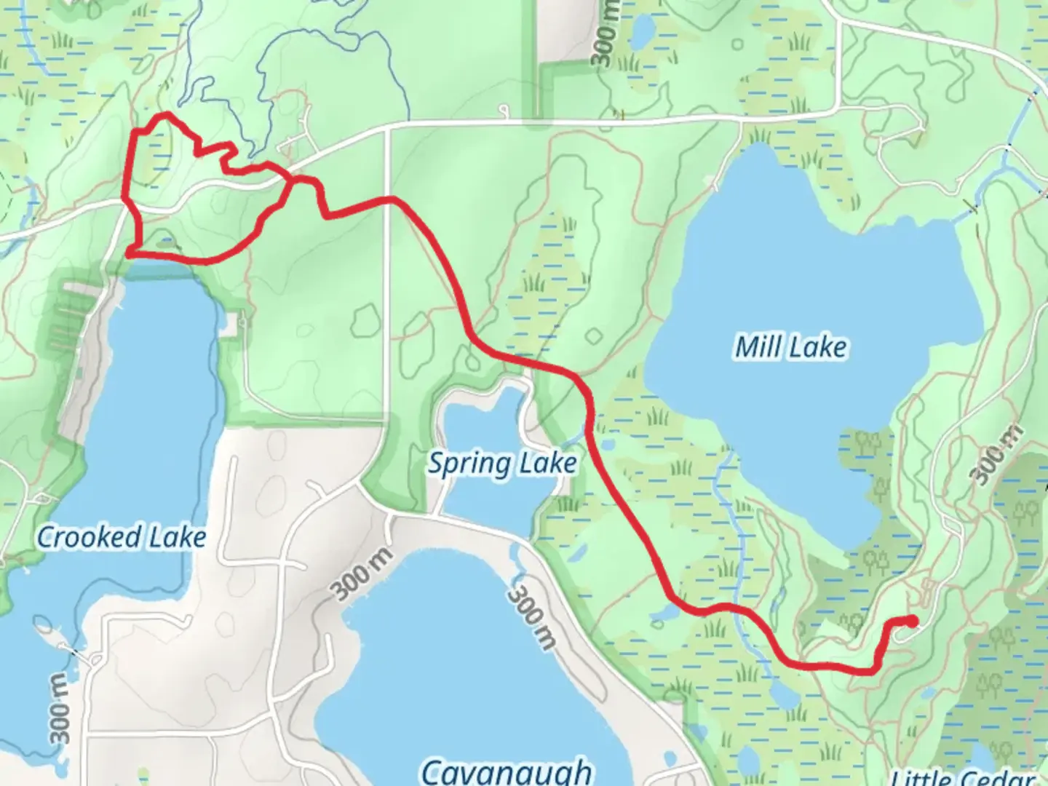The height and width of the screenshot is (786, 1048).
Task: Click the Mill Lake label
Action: coord(791,347)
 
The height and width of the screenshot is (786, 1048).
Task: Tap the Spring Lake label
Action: coord(502,463)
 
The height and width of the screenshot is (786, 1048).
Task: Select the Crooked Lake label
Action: coord(122,537)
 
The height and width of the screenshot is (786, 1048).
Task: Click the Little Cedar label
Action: coord(962,777)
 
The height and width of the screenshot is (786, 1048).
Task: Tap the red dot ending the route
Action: coord(910,621)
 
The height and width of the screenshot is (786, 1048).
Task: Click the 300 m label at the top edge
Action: coord(606,33)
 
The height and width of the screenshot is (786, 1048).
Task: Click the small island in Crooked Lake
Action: coord(44,625)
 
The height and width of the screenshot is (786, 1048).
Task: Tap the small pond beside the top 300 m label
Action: coord(642,30)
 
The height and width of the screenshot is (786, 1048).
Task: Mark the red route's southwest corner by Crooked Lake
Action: coord(129,253)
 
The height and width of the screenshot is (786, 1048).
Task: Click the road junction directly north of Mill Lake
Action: coord(740,119)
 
